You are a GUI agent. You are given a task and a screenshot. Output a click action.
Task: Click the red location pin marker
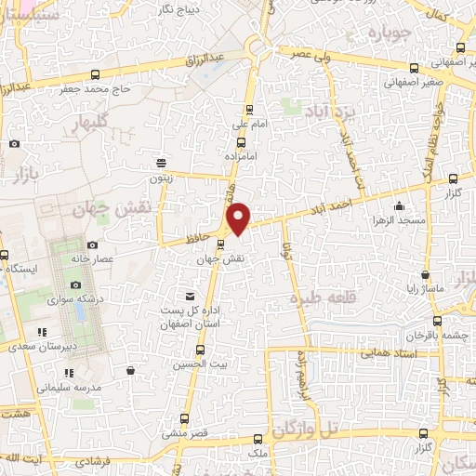point(239,218)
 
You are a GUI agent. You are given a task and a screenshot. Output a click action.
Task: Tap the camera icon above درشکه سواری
point(75,285)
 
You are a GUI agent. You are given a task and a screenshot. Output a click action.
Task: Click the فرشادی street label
point(93,461)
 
